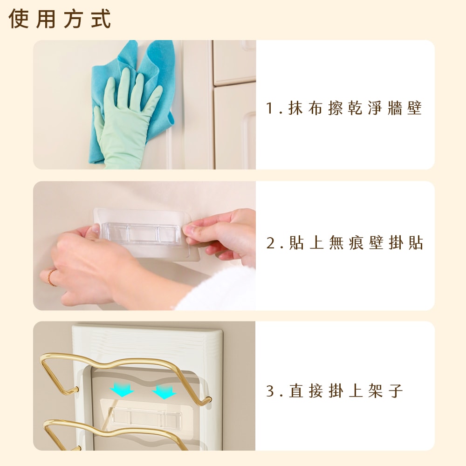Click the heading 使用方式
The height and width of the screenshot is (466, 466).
[60, 19]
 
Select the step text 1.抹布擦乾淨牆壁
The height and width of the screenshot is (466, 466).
[344, 108]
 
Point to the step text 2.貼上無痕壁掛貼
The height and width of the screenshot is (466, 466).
[344, 243]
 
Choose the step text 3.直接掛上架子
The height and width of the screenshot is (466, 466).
[335, 391]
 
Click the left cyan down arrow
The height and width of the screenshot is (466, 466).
[122, 390]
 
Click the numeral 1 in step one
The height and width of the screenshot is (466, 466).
[270, 108]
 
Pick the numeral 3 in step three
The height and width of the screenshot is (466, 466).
[270, 391]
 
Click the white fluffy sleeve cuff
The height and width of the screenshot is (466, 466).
[217, 290]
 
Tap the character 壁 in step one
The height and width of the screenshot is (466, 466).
[415, 108]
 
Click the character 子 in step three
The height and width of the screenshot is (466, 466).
[396, 391]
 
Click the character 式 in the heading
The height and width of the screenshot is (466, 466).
[101, 19]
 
